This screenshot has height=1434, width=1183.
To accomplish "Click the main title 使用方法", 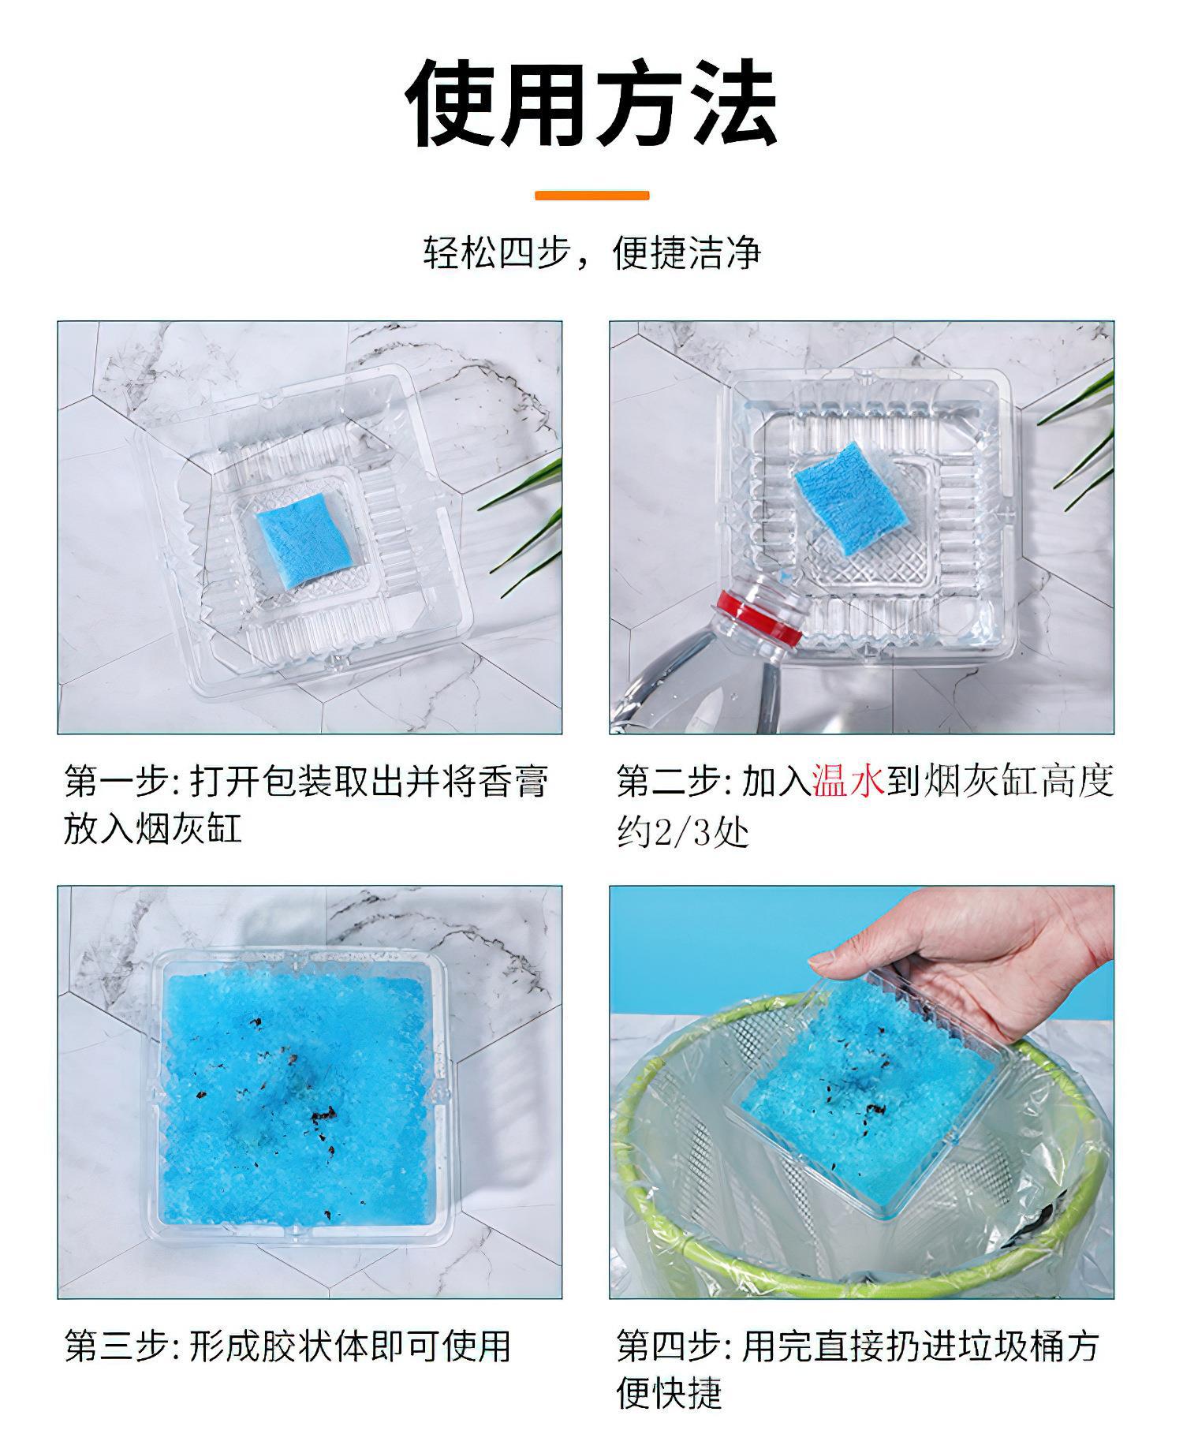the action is (591, 103).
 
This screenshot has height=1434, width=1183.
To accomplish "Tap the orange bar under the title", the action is (592, 195).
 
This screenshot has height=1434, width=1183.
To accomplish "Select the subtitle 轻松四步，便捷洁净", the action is (592, 252).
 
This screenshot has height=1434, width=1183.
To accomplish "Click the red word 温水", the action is (848, 782).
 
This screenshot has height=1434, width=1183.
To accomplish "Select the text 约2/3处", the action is (682, 832).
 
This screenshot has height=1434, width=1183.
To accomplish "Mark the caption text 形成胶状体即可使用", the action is (351, 1346).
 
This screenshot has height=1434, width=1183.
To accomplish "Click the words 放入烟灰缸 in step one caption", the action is (153, 830).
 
